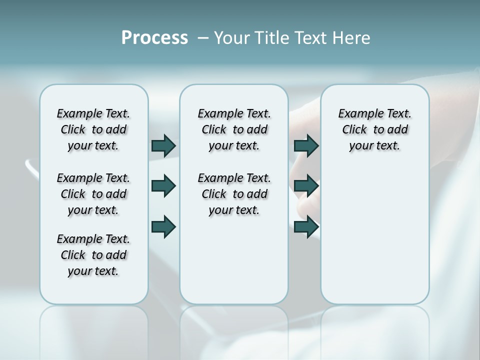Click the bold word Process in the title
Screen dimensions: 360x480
click(x=154, y=38)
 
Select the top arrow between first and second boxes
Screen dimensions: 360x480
click(x=163, y=145)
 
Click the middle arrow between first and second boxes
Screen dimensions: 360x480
click(x=163, y=186)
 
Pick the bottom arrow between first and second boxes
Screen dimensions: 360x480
click(x=163, y=226)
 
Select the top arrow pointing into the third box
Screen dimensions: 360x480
click(x=306, y=145)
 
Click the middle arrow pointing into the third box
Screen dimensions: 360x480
click(x=306, y=186)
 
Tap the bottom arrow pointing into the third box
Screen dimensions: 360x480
click(x=306, y=226)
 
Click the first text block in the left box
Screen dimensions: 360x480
click(x=93, y=129)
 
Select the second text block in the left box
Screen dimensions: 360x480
click(x=93, y=194)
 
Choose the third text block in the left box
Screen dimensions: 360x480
click(x=93, y=255)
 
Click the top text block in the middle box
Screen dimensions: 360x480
click(x=234, y=129)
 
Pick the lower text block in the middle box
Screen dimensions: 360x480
click(x=234, y=194)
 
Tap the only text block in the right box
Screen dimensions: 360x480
click(x=374, y=129)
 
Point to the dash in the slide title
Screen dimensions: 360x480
click(x=203, y=38)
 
